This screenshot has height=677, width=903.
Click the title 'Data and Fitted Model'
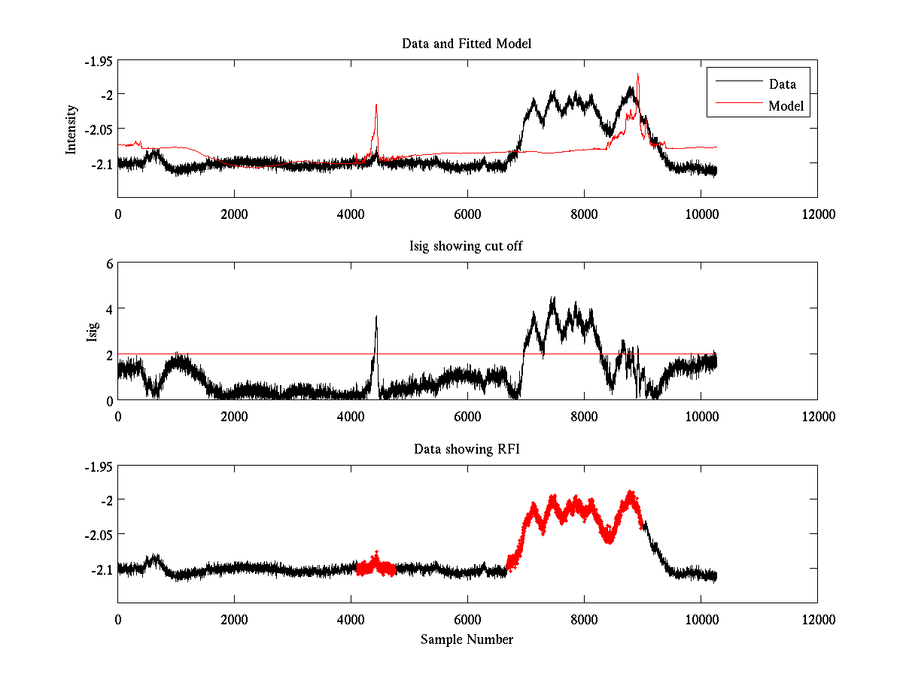(x=467, y=44)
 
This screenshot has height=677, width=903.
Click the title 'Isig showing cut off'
(x=467, y=246)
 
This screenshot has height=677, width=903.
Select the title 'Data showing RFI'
(x=467, y=449)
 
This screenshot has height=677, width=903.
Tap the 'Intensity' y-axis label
(x=71, y=129)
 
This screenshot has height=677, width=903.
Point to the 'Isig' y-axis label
(x=92, y=332)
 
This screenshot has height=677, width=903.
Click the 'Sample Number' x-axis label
(x=467, y=639)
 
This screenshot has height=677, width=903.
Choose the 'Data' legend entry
(x=782, y=84)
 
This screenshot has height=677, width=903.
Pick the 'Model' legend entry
(x=786, y=106)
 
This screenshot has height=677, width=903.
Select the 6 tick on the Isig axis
(x=109, y=264)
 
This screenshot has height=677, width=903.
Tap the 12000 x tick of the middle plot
(x=817, y=416)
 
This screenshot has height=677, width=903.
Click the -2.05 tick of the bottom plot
(x=98, y=534)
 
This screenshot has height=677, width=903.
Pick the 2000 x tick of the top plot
(x=234, y=214)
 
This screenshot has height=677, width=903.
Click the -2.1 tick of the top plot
(x=101, y=163)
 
